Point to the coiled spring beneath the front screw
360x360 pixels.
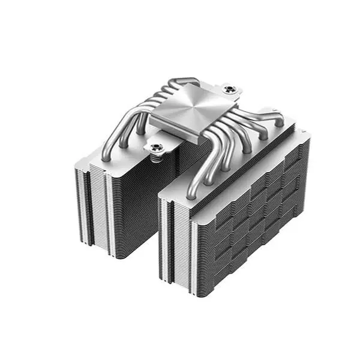point(158,158)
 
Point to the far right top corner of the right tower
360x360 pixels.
point(309,136)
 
